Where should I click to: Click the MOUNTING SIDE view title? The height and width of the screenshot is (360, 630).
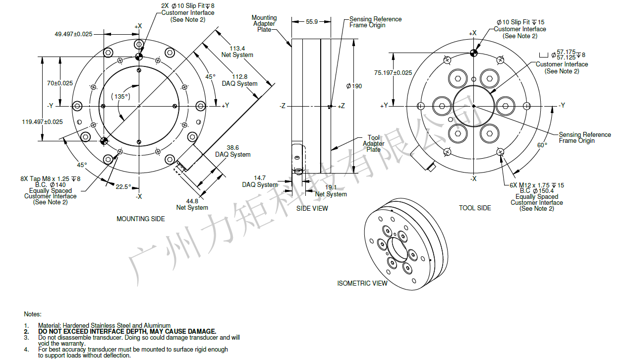(141, 219)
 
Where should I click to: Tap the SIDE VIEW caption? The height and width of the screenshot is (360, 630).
(312, 208)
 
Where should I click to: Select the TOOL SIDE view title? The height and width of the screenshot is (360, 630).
(475, 208)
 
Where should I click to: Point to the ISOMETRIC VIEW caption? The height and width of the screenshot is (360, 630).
(362, 283)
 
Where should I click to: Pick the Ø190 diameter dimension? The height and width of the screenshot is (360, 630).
(353, 86)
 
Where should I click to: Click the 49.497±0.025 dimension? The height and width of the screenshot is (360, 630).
(73, 34)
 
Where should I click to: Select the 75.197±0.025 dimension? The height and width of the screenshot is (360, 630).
(393, 73)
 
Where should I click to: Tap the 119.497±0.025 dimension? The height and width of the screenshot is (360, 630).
(42, 122)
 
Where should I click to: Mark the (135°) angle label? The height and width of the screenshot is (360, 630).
(120, 96)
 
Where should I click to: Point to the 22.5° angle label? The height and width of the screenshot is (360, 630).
(123, 187)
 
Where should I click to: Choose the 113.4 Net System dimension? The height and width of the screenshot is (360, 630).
(237, 52)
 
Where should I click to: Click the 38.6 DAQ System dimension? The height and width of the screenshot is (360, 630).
(232, 151)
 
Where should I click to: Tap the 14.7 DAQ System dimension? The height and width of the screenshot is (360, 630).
(260, 181)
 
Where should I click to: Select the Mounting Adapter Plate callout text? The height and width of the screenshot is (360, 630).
(264, 23)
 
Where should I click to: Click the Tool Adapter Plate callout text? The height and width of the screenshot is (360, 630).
(373, 143)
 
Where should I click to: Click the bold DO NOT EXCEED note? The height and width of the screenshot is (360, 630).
(127, 331)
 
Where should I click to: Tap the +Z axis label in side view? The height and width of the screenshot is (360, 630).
(341, 106)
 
